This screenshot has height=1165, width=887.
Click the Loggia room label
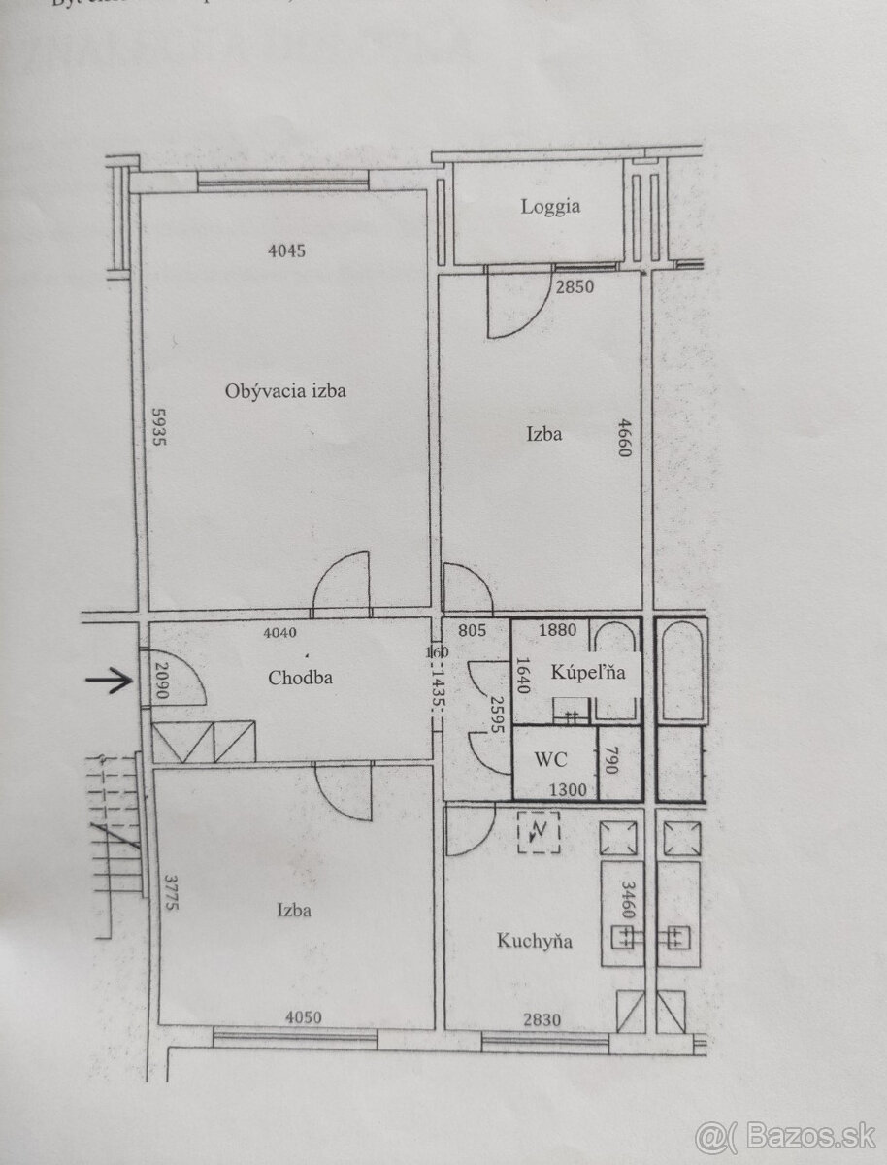point(550,206)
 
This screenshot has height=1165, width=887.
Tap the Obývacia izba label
point(285,392)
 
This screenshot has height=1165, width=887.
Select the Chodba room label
point(300,678)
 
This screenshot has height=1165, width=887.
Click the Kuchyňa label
point(534,940)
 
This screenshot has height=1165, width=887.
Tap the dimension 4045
point(286,250)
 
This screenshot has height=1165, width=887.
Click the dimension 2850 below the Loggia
point(574,286)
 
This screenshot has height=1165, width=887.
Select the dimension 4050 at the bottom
point(305,1017)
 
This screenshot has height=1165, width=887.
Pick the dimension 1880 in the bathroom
point(557,630)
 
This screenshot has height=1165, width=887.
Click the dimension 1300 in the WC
point(568,790)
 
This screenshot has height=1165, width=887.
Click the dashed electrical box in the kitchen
point(539,832)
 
